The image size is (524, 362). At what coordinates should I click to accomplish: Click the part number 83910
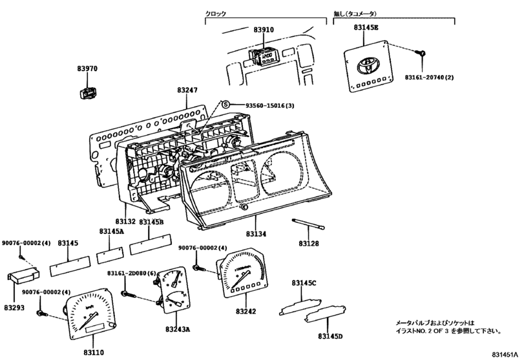tap(264, 30)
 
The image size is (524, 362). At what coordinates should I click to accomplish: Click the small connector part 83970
tap(86, 90)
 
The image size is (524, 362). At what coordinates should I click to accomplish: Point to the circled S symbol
tap(225, 105)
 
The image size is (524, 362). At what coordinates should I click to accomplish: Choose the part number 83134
tap(256, 233)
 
